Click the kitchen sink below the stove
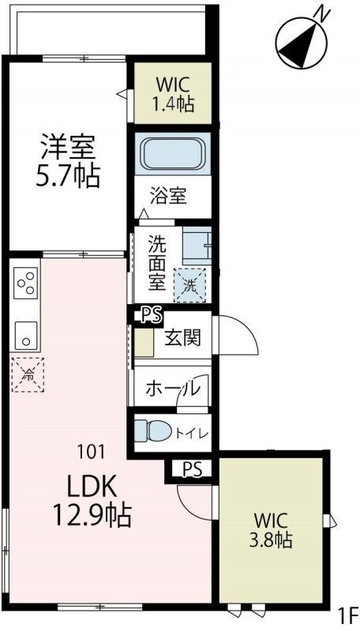(x=25, y=334)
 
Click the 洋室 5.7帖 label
(x=69, y=160)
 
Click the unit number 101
(x=92, y=453)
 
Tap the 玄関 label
(x=182, y=338)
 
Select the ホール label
(x=172, y=389)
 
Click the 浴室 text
(x=168, y=195)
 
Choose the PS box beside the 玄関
(x=151, y=315)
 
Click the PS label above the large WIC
(x=191, y=468)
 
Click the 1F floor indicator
(x=347, y=615)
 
